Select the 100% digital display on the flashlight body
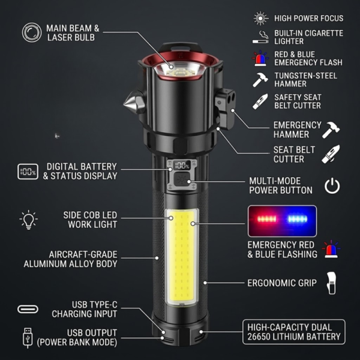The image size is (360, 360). pos(182,166)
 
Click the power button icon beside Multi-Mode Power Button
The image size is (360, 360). pos(332,185)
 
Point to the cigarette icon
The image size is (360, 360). pos(260,37)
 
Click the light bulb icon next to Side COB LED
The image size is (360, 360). pos(28,220)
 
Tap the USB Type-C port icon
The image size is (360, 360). pos(28,309)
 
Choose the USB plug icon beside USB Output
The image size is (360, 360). pos(28,338)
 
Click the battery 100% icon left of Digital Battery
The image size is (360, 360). pos(28,172)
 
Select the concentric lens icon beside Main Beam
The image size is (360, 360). pos(32,32)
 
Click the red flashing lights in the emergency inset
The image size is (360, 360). pos(266,219)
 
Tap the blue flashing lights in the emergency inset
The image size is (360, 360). pos(298,219)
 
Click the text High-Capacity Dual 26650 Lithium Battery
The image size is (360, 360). pos(293,332)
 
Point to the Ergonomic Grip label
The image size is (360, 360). pos(282,283)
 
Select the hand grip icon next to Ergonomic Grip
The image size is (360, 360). pos(331,283)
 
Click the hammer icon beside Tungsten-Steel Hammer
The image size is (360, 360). pos(260,80)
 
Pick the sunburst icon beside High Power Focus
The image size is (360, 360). pos(260,18)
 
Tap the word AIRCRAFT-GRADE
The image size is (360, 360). pos(83,254)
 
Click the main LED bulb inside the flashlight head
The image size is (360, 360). pos(178,73)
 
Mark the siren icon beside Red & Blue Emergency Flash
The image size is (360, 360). pos(260,58)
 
